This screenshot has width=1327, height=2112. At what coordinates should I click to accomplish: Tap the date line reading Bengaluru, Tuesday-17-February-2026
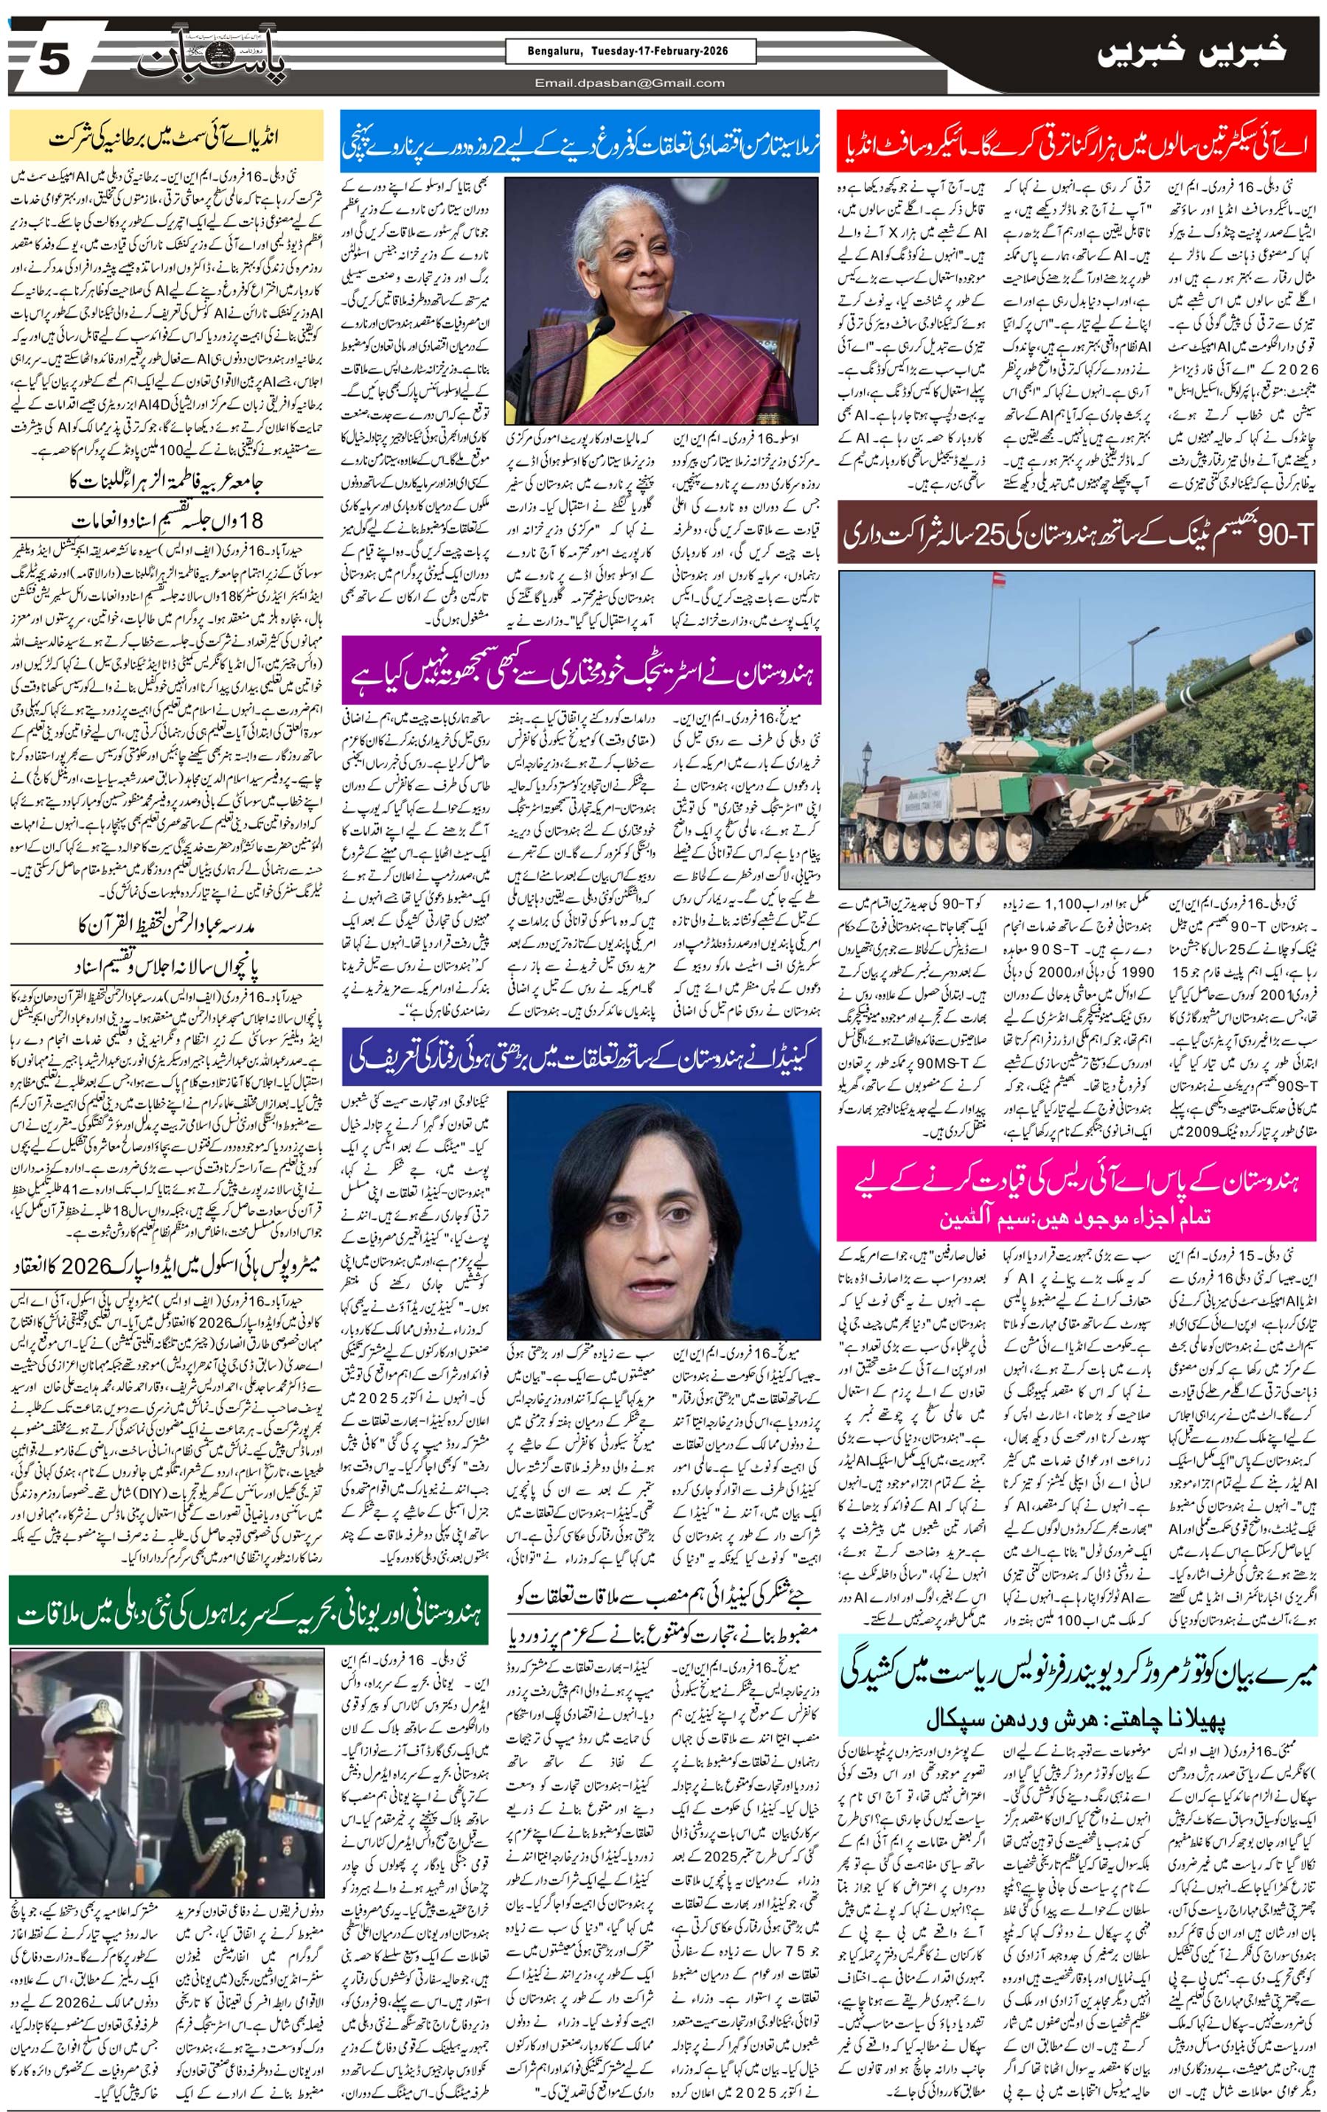point(629,52)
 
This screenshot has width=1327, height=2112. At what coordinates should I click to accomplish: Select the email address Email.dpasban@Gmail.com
point(630,83)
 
